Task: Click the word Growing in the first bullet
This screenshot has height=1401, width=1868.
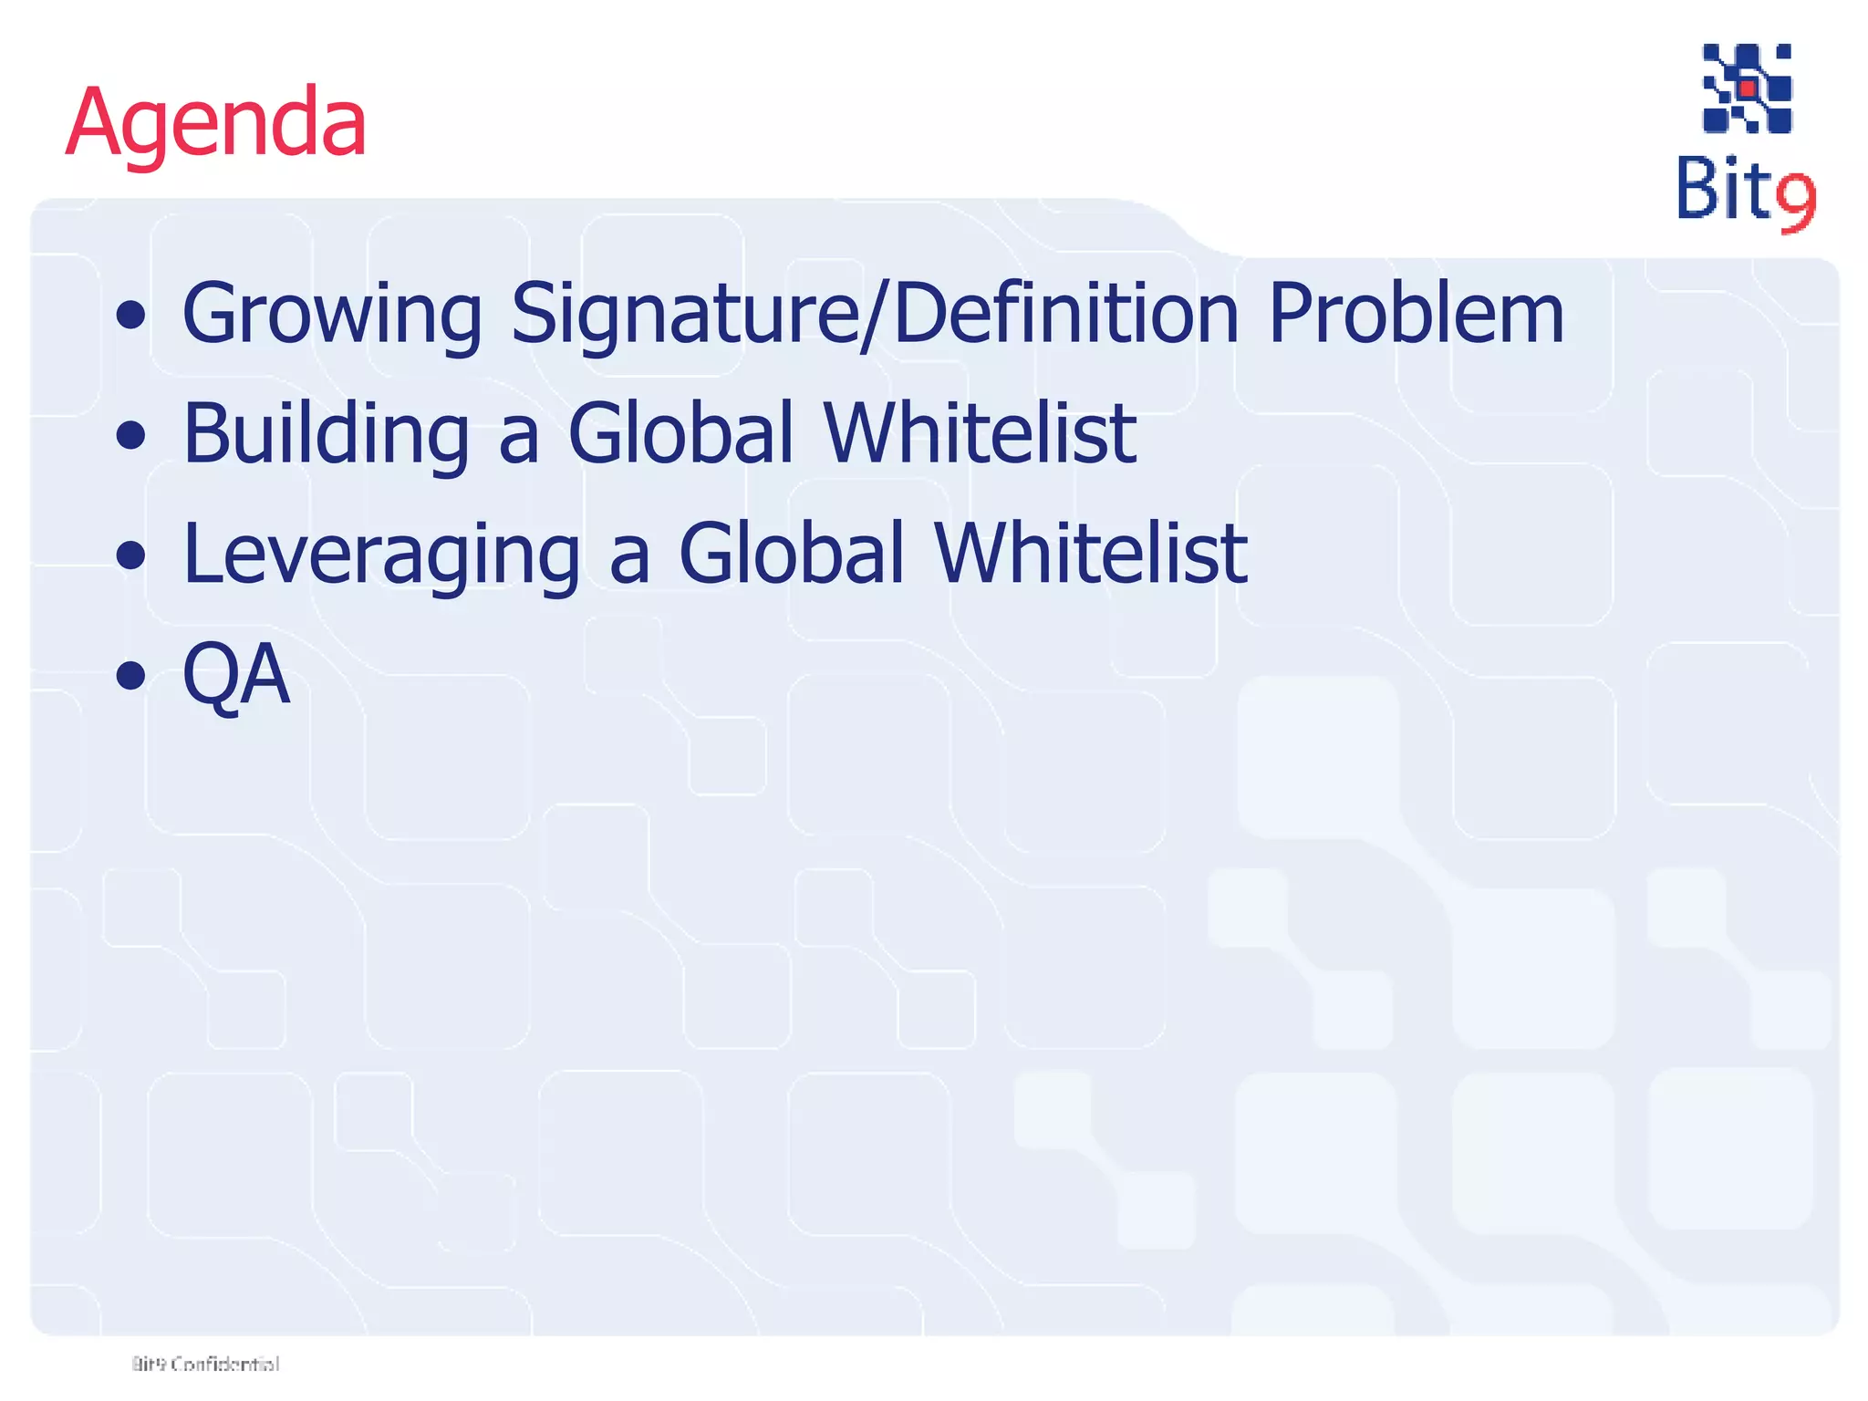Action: [332, 314]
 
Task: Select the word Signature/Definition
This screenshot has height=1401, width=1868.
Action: [875, 314]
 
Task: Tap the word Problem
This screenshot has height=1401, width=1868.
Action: [1416, 314]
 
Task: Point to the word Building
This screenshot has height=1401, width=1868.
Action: [327, 434]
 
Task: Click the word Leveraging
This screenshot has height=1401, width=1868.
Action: [381, 555]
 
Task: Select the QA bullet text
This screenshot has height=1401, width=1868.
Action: [236, 674]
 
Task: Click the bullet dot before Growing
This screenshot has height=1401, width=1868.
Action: [131, 317]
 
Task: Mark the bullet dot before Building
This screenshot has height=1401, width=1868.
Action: [131, 436]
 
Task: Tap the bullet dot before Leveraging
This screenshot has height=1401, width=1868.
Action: [131, 555]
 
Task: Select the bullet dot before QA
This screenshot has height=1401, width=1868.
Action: [131, 676]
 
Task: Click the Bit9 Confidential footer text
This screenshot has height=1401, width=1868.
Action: [205, 1364]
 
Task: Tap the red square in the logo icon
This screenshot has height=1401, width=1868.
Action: [1748, 89]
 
